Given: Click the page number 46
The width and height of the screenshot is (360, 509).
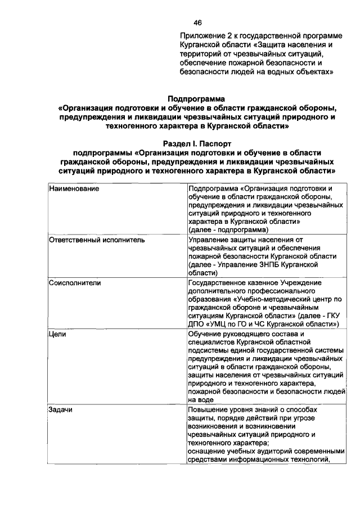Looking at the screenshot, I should (197, 22).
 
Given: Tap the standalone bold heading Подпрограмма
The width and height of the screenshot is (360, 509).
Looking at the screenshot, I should (197, 99).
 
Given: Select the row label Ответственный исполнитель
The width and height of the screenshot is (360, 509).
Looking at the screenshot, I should (97, 240).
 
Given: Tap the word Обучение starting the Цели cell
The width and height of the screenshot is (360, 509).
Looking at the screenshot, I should (205, 334).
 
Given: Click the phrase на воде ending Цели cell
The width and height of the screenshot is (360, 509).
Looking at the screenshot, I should (201, 399).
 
